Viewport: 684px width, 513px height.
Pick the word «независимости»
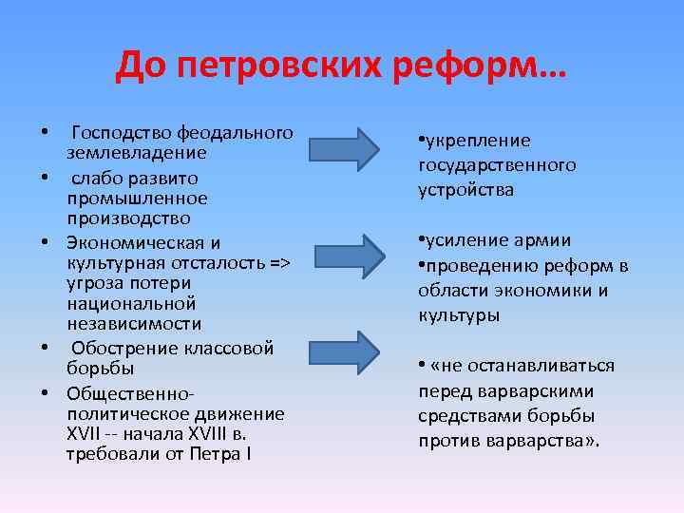[x=133, y=325]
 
